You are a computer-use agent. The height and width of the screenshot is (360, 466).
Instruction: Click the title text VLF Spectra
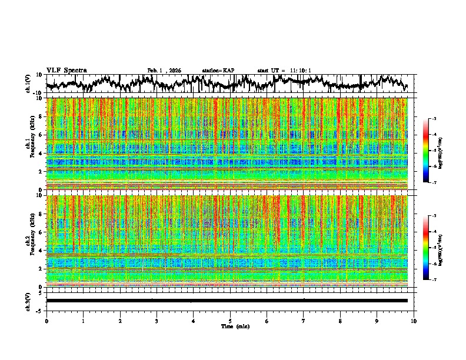(x=66, y=71)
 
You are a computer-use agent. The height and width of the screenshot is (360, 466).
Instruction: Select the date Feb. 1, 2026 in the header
(x=164, y=71)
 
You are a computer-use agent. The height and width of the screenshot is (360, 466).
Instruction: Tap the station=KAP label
(x=218, y=71)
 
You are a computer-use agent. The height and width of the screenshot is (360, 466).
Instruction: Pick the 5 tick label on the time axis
(x=230, y=321)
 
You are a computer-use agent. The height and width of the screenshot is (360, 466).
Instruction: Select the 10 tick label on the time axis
(x=414, y=321)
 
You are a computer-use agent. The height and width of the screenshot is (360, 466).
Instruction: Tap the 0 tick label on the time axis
(x=46, y=321)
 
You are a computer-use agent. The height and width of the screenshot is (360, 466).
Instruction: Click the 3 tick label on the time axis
(x=157, y=321)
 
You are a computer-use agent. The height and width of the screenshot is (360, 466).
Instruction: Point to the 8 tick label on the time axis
(x=340, y=321)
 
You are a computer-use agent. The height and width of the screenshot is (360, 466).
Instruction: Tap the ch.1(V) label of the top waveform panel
(x=28, y=84)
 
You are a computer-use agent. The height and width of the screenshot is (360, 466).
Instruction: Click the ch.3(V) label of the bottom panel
(x=28, y=301)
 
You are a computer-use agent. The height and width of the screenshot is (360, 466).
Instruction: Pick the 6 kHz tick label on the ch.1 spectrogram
(x=40, y=135)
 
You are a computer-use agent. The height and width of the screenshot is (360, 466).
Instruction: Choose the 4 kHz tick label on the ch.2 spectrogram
(x=40, y=251)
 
